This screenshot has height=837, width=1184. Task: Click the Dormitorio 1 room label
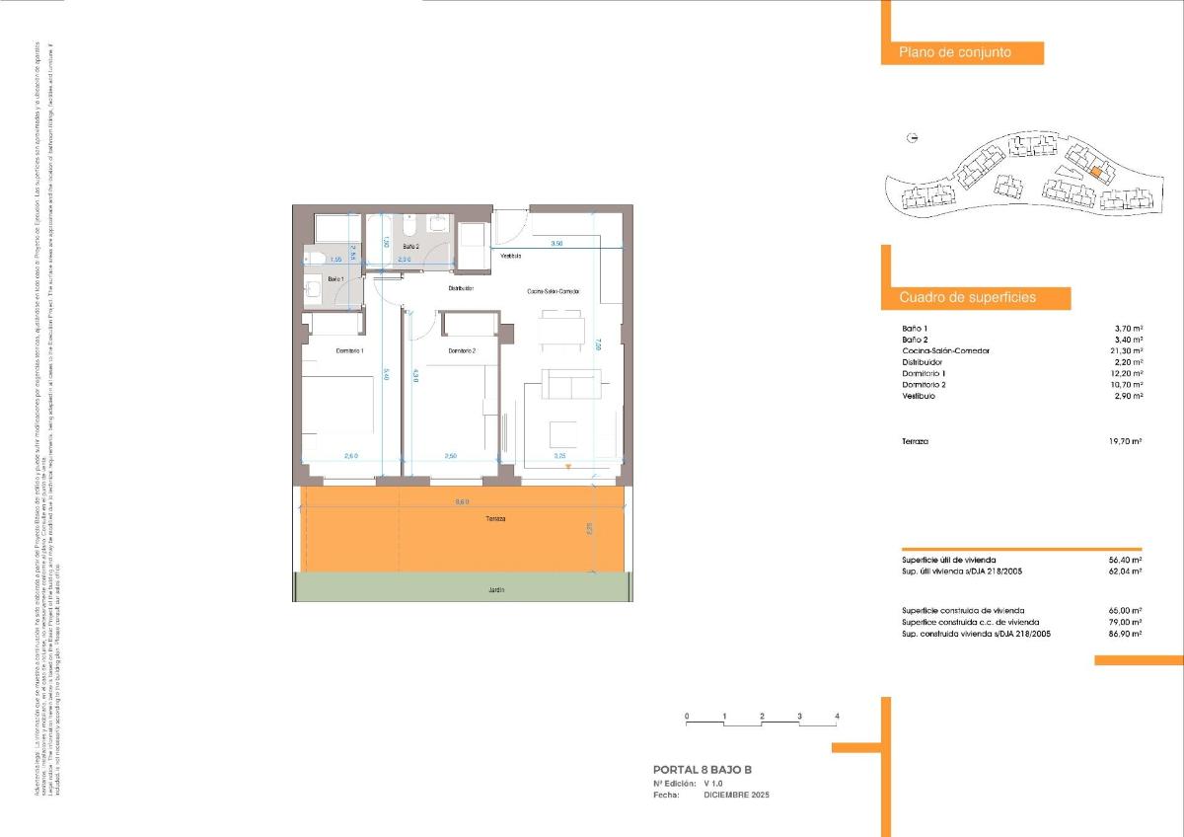(x=350, y=351)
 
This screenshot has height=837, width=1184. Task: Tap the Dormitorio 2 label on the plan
(x=462, y=351)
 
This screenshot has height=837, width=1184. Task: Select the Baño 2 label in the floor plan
(x=410, y=246)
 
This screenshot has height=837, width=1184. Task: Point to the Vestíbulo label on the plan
(x=510, y=256)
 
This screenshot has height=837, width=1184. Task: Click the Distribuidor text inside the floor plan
(x=461, y=289)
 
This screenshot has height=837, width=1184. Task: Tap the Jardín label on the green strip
(x=495, y=589)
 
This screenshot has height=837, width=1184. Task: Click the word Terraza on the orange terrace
(x=494, y=519)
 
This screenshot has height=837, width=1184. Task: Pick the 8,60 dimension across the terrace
(x=462, y=503)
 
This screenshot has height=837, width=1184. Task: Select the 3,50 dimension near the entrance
(x=556, y=243)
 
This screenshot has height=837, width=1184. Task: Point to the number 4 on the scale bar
(x=837, y=716)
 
